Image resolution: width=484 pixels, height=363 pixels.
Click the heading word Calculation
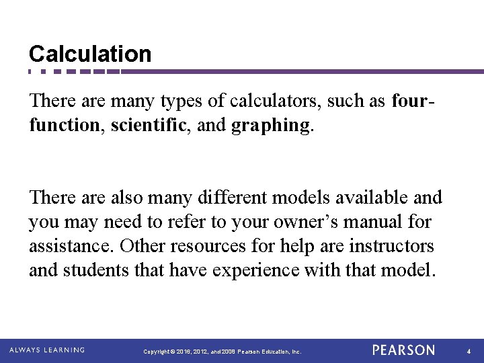pos(90,54)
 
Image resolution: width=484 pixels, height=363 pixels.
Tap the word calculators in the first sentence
pos(276,102)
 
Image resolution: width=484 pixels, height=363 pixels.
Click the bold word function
pos(63,125)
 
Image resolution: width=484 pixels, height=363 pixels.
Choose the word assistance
pos(71,246)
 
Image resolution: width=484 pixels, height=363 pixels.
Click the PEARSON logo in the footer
pos(403,350)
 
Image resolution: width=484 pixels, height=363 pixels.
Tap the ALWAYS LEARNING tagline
pos(47,350)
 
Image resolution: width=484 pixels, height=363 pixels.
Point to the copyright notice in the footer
pos(223,352)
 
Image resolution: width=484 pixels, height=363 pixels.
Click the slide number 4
pos(468,351)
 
